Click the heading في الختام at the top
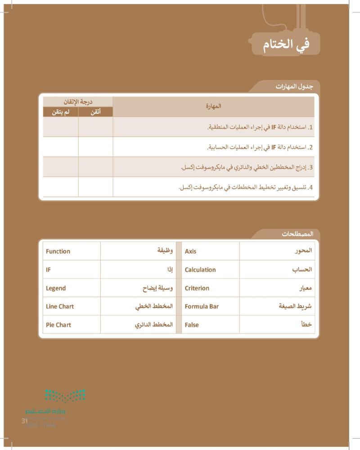(286, 45)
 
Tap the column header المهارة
(213, 107)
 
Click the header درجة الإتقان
(78, 102)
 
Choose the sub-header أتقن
(95, 112)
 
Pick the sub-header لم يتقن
(61, 112)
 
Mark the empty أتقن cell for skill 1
(95, 127)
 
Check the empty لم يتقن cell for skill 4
(61, 187)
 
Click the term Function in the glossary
(58, 251)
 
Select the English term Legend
(56, 288)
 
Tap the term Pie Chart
(58, 324)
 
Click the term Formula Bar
(202, 306)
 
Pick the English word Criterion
(197, 288)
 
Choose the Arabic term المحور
(302, 251)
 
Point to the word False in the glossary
(192, 324)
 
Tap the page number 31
(25, 421)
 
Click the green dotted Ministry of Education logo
(65, 396)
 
